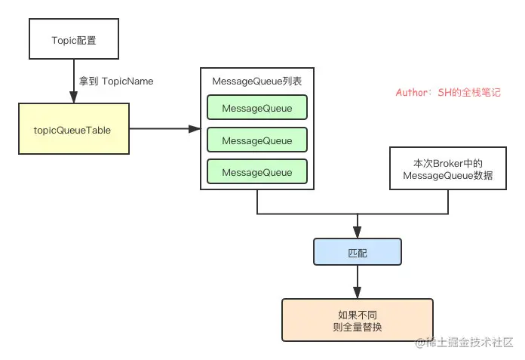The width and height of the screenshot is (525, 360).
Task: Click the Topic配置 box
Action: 74,38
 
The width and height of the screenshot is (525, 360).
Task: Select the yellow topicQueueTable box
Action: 74,129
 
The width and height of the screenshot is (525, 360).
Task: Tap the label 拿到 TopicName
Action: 116,81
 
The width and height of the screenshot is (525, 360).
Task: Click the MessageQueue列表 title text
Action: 256,81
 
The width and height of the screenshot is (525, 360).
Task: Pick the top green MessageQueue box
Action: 257,107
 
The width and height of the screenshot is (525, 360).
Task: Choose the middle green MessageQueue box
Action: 257,140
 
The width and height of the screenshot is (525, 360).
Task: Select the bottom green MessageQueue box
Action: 257,172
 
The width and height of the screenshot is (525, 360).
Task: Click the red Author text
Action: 448,92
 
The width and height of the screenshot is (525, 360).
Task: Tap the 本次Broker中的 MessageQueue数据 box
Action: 448,168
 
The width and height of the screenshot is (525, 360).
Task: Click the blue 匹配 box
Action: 358,252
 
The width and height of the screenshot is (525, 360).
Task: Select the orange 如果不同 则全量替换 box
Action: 358,320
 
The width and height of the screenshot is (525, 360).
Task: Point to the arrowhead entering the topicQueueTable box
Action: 74,97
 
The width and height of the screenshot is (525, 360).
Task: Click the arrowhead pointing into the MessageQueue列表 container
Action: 195,128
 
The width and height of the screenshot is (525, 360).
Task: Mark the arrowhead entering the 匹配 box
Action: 358,232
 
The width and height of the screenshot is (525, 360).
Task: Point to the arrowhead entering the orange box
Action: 358,293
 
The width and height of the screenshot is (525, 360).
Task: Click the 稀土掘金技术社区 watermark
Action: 464,342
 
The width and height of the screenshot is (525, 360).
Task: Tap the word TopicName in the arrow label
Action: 127,81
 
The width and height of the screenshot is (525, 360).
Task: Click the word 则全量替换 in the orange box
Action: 358,327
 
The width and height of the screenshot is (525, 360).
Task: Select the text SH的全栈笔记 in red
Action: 469,92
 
